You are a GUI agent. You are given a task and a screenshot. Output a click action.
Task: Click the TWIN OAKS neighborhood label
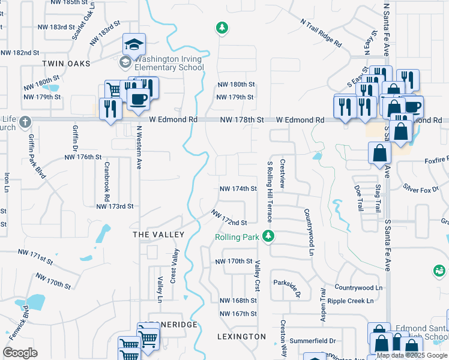(x=66, y=63)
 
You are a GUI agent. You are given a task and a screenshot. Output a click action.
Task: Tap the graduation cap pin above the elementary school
(x=134, y=43)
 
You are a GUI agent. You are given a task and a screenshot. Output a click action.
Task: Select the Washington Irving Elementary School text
(x=169, y=64)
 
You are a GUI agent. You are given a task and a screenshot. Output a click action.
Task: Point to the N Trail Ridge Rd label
(x=321, y=33)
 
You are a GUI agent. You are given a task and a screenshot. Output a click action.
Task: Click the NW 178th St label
(x=242, y=120)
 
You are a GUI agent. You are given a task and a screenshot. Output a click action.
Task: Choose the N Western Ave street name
(x=139, y=147)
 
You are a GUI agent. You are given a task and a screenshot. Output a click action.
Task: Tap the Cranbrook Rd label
(x=107, y=181)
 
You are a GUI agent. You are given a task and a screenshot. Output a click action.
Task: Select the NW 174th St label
(x=238, y=188)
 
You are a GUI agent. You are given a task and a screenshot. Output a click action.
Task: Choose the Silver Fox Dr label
(x=421, y=189)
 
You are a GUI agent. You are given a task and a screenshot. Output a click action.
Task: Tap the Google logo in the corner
(x=20, y=352)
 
